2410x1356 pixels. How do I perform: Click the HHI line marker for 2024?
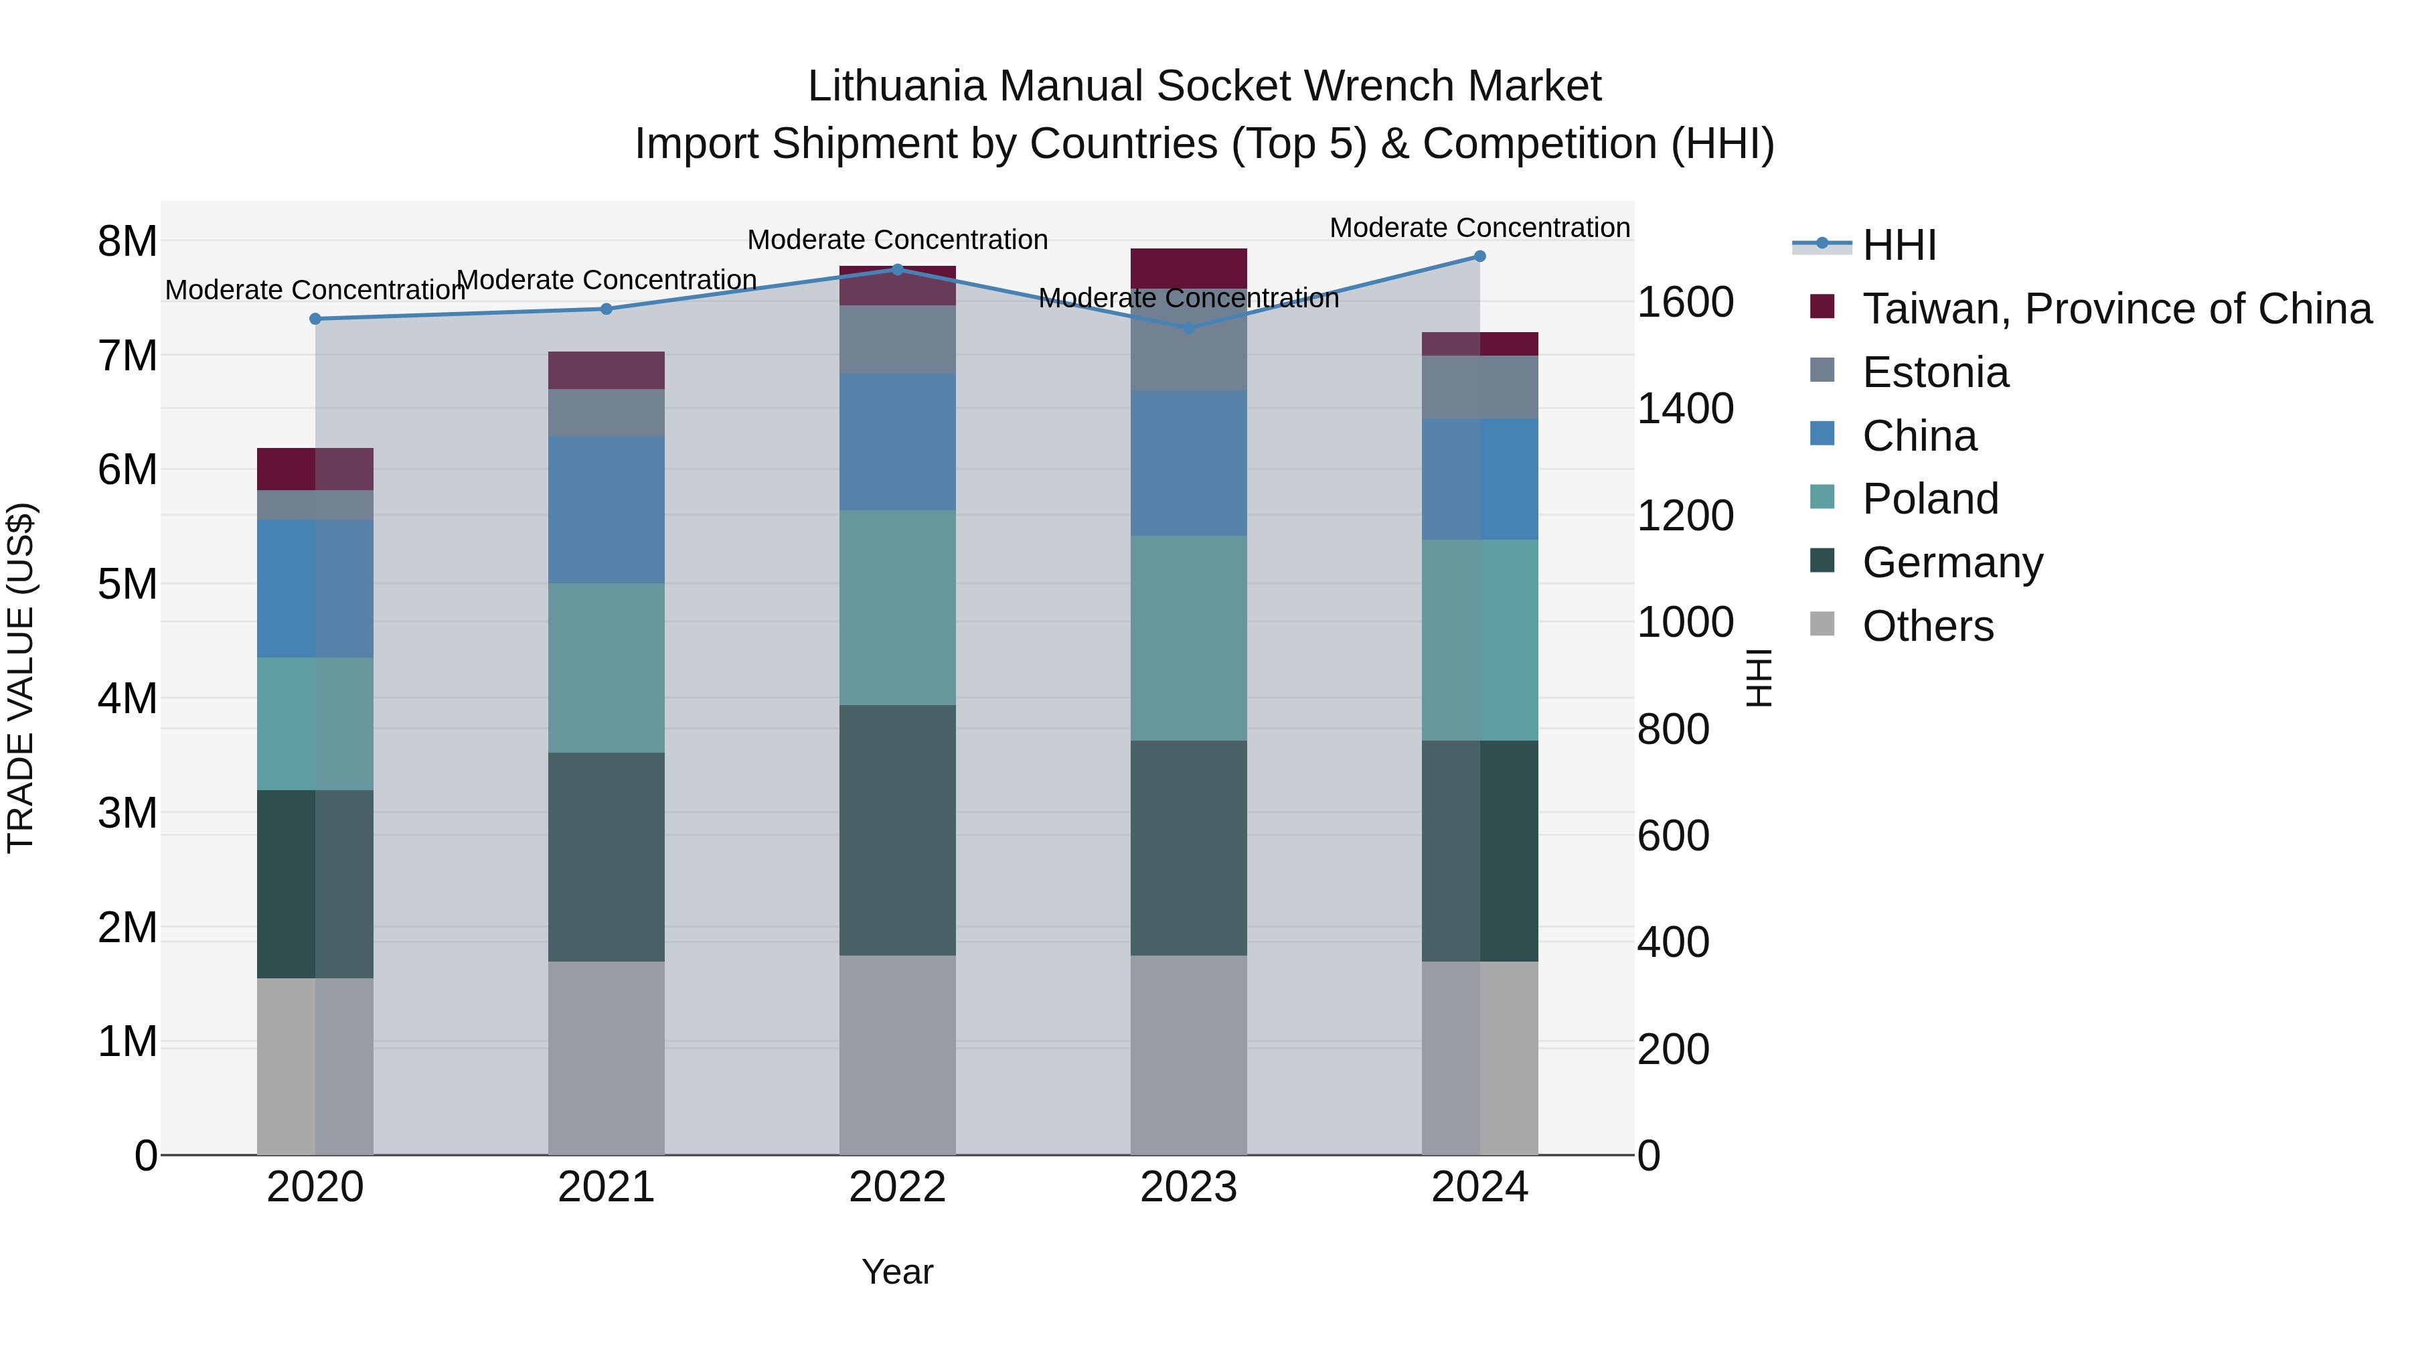coord(1479,256)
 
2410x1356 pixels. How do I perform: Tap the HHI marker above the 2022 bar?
coord(897,269)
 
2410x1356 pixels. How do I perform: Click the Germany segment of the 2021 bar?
coord(607,856)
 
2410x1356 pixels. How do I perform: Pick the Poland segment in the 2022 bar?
coord(897,607)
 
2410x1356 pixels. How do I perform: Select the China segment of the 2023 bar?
coord(1188,463)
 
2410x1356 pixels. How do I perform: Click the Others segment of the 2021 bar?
coord(607,1057)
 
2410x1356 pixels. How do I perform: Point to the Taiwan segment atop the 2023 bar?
coord(1188,268)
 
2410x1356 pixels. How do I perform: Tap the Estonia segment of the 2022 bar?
coord(897,340)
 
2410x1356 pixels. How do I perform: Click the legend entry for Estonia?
coord(1935,372)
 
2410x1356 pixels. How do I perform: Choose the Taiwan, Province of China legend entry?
coord(2116,309)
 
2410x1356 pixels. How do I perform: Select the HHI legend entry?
coord(1899,245)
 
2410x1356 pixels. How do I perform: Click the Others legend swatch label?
coord(1927,626)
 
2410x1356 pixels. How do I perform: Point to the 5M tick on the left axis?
coord(127,584)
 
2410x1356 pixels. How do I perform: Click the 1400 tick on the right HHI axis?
coord(1685,409)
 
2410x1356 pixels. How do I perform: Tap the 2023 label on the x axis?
coord(1188,1187)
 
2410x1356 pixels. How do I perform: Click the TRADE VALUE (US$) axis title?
coord(21,678)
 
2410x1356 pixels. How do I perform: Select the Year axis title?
coord(897,1272)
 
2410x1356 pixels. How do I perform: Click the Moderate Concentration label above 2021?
coord(607,280)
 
